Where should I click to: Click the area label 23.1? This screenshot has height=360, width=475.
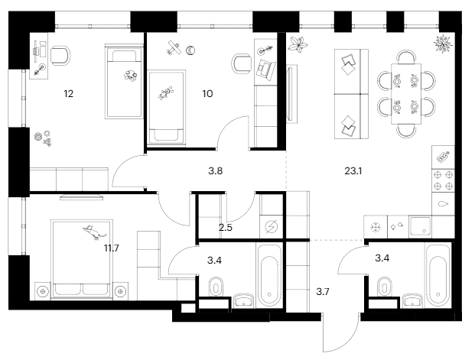[x=353, y=171]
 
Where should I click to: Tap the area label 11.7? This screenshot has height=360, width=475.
[x=112, y=248]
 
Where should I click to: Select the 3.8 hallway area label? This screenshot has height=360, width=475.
[x=216, y=171]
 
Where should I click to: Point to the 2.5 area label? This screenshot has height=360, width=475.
[x=226, y=227]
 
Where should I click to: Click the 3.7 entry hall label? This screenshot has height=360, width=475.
[x=323, y=292]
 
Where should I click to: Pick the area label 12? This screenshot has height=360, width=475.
[x=69, y=94]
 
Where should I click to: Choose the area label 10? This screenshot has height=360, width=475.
[x=207, y=94]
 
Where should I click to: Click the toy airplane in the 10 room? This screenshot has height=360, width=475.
[x=174, y=47]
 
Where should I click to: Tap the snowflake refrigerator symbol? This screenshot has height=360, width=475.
[x=376, y=227]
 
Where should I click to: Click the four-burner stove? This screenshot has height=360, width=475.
[x=443, y=180]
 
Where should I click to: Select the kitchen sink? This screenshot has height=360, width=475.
[x=420, y=226]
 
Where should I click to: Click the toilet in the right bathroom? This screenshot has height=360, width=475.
[x=384, y=287]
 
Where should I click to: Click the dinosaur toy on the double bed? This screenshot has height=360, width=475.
[x=93, y=232]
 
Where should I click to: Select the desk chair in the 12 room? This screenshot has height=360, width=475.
[x=60, y=55]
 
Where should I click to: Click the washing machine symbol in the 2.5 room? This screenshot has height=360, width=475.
[x=271, y=227]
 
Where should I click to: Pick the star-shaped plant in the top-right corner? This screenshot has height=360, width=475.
[x=443, y=44]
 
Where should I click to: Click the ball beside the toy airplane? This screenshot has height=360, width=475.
[x=190, y=50]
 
